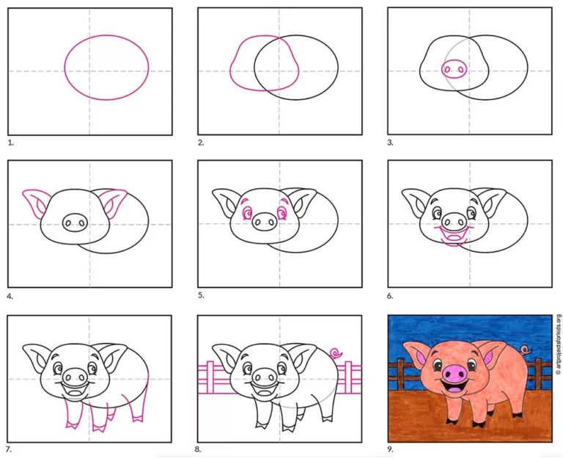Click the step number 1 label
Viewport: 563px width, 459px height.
point(10,142)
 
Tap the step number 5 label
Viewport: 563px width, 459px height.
point(201,295)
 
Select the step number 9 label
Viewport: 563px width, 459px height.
point(391,449)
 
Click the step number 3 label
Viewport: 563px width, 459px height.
point(391,142)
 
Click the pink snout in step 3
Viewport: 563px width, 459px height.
point(455,68)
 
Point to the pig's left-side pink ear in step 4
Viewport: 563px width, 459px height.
point(34,203)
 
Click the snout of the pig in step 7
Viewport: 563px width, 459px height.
point(76,377)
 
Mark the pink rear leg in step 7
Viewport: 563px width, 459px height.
point(141,402)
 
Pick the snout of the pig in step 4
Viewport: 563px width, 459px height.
point(76,223)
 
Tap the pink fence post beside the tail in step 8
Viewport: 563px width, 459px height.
point(348,377)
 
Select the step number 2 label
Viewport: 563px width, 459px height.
point(201,142)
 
